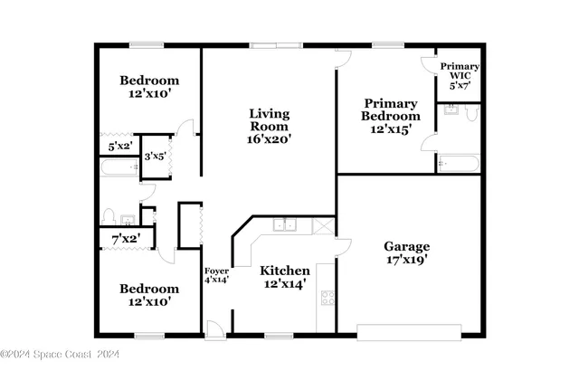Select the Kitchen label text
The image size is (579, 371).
point(285,271)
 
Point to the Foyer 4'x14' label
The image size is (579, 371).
point(216,275)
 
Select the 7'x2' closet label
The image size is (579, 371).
point(123,239)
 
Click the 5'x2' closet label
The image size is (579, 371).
point(120,145)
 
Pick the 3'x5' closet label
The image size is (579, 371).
point(156,157)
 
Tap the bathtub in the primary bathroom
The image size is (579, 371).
point(457,164)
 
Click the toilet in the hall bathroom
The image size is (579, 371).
point(108,217)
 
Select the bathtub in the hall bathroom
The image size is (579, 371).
point(119,167)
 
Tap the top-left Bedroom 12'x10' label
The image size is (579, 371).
point(149,87)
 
